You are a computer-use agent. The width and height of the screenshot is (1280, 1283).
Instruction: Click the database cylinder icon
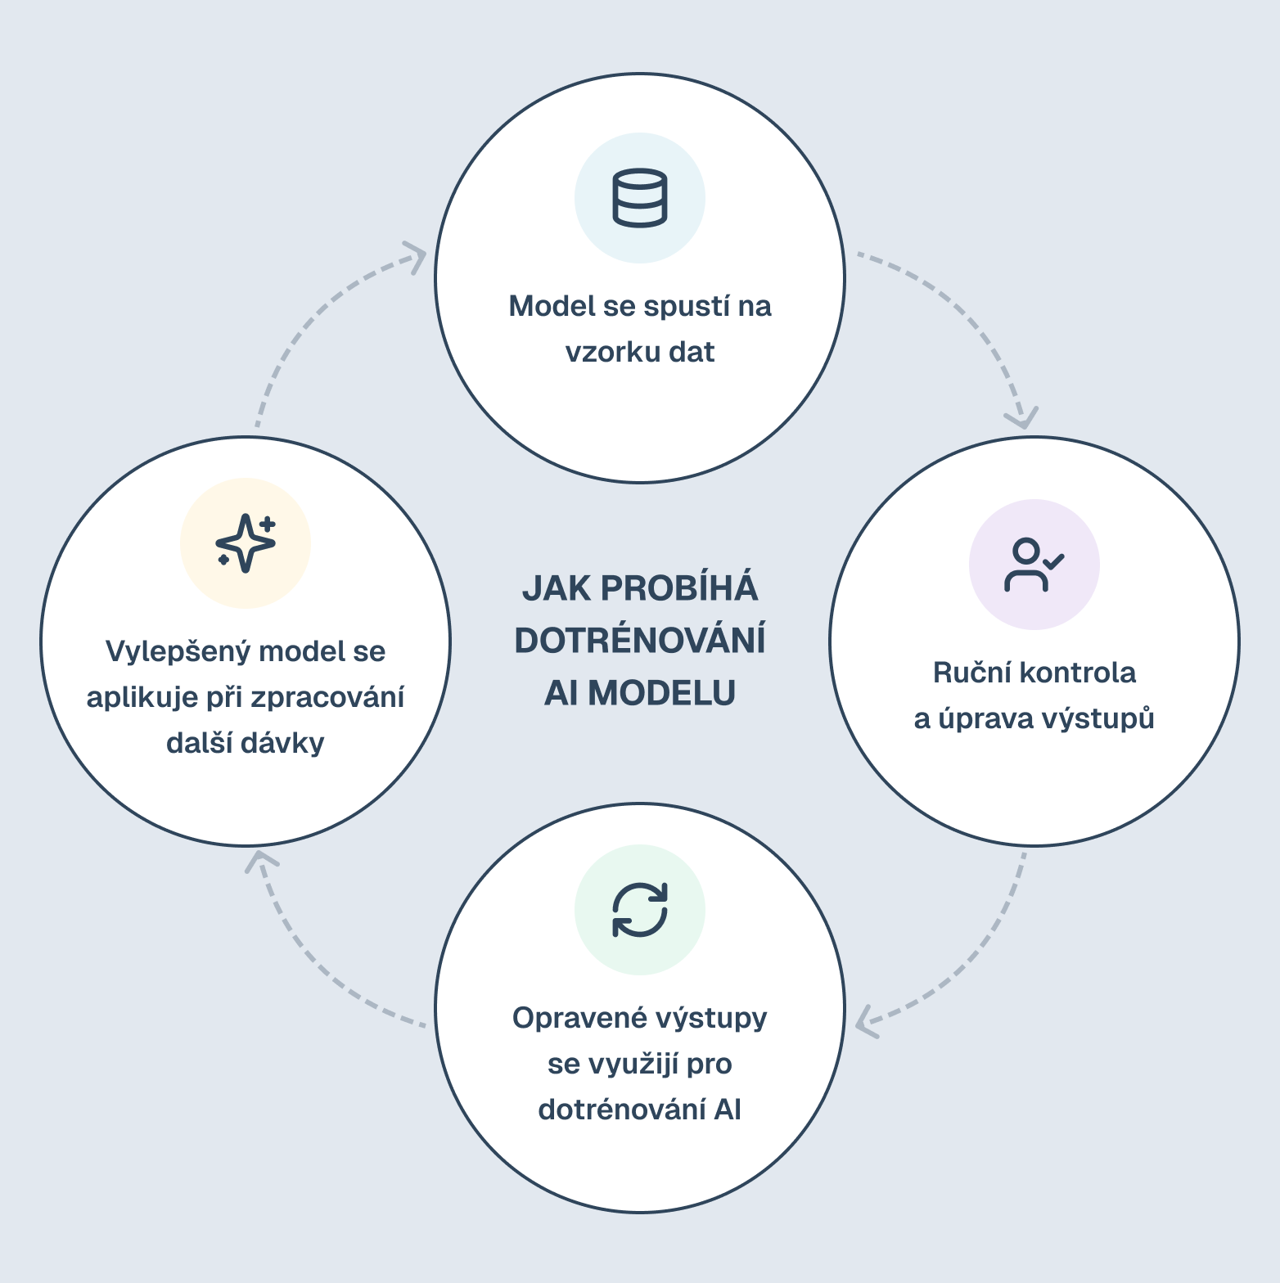640,198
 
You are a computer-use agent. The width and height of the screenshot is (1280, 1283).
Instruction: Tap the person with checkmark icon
1034,565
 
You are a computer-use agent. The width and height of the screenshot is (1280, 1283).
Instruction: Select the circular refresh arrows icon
640,910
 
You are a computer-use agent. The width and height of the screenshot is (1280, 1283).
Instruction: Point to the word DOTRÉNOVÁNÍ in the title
640,640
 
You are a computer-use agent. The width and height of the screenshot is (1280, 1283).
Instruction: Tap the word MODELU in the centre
661,693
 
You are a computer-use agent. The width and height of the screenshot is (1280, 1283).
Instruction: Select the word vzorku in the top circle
613,352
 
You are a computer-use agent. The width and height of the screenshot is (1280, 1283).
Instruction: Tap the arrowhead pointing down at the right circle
1022,418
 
